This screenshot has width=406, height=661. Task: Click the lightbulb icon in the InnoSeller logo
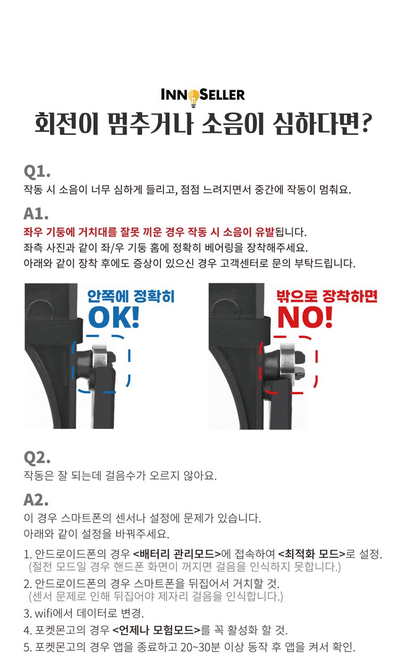pyautogui.click(x=194, y=98)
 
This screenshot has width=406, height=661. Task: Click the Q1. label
pyautogui.click(x=37, y=171)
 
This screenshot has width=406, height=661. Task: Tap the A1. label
pyautogui.click(x=36, y=214)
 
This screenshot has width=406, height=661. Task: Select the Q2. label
pyautogui.click(x=37, y=458)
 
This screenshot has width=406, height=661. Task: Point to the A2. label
pyautogui.click(x=36, y=500)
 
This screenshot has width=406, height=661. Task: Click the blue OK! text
pyautogui.click(x=113, y=317)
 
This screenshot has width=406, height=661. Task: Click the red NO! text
pyautogui.click(x=305, y=317)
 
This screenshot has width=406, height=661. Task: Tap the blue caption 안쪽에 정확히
pyautogui.click(x=131, y=296)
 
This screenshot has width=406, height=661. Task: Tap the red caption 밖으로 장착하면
pyautogui.click(x=327, y=296)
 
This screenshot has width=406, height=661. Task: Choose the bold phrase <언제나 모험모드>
pyautogui.click(x=157, y=630)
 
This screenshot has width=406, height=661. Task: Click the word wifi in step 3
pyautogui.click(x=43, y=613)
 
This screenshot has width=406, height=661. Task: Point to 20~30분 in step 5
pyautogui.click(x=200, y=647)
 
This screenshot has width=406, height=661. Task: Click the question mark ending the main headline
pyautogui.click(x=366, y=123)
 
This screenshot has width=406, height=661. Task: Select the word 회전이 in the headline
pyautogui.click(x=67, y=123)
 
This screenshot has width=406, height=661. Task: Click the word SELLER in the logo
pyautogui.click(x=222, y=95)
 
